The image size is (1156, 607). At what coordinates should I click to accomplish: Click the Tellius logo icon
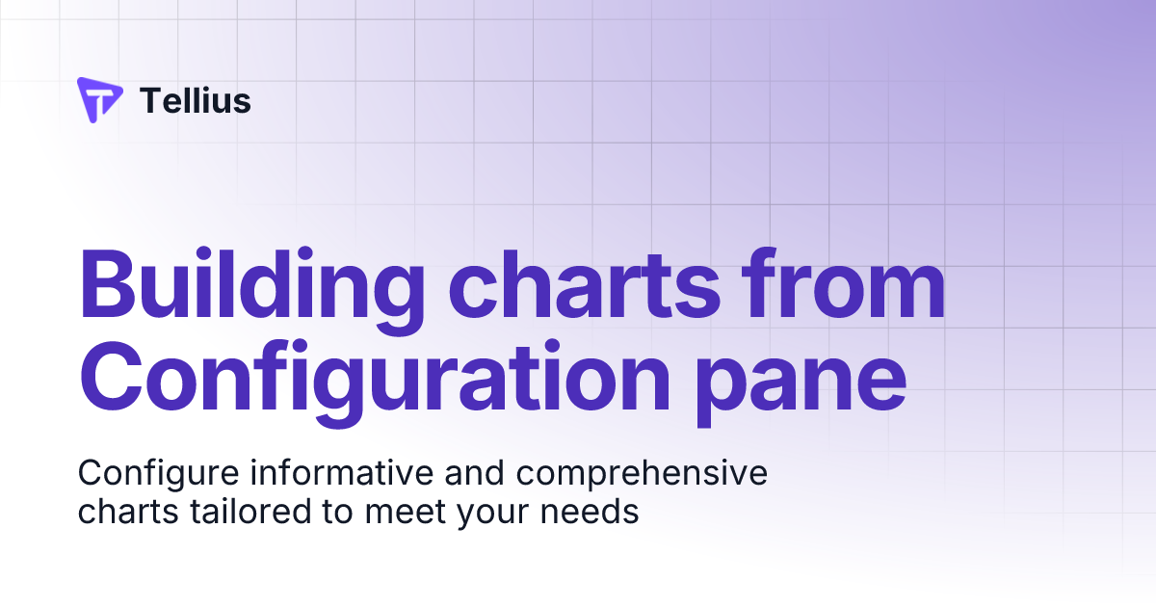(x=99, y=100)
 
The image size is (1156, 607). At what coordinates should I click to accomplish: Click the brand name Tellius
(x=196, y=100)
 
